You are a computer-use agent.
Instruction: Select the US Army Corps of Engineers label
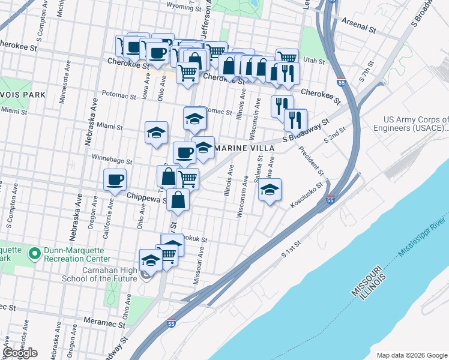point(410,124)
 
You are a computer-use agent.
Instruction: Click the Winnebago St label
point(111,160)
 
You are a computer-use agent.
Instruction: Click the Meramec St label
point(104,323)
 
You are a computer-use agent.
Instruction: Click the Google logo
point(20,353)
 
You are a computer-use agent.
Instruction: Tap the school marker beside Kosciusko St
point(270,191)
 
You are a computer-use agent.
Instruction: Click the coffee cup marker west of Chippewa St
point(115,179)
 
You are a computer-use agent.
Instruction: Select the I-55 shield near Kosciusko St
point(330,200)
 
